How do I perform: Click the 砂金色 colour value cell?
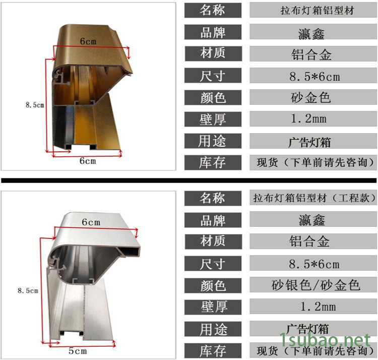pyautogui.click(x=311, y=97)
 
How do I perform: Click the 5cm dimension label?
pyautogui.click(x=78, y=351)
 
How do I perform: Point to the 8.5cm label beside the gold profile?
pyautogui.click(x=35, y=105)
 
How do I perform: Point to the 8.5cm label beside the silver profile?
pyautogui.click(x=28, y=291)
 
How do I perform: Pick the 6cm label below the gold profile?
pyautogui.click(x=88, y=161)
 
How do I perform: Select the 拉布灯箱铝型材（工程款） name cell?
pyautogui.click(x=315, y=198)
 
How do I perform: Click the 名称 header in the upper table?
pyautogui.click(x=213, y=10)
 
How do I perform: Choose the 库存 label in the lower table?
pyautogui.click(x=213, y=351)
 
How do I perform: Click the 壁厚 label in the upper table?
pyautogui.click(x=213, y=119)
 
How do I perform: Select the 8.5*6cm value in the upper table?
pyautogui.click(x=314, y=77)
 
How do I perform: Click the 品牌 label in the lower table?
pyautogui.click(x=213, y=220)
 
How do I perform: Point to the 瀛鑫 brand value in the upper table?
pyautogui.click(x=311, y=33)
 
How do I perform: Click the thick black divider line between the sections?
pyautogui.click(x=189, y=180)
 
